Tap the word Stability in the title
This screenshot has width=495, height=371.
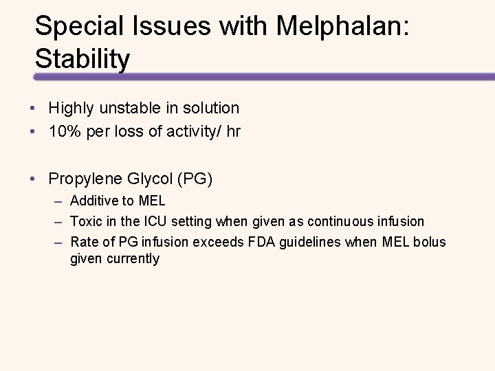coord(82,59)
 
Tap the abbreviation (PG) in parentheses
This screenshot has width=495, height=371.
coord(195,179)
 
